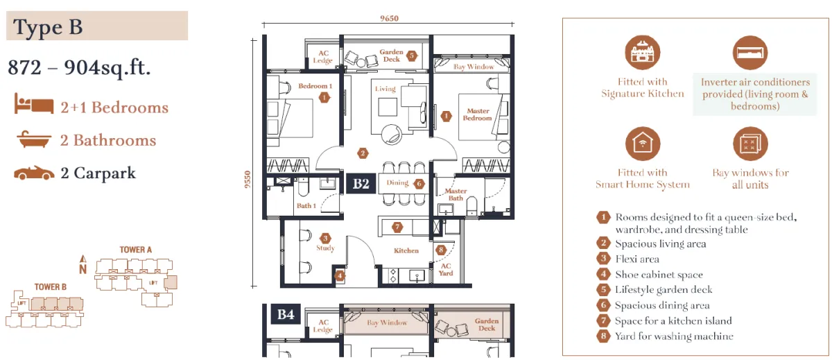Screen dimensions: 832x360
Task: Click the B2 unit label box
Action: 361,184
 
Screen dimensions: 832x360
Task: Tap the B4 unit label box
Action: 285,314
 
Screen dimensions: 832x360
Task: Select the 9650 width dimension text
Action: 389,18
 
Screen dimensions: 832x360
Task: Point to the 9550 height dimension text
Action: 248,180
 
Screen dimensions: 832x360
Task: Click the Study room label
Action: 325,248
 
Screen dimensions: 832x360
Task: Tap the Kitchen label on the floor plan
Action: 406,250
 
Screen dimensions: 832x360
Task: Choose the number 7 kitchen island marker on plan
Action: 397,227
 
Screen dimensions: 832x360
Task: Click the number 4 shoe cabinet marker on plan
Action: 340,275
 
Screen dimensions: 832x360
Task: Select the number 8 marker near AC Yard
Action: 441,250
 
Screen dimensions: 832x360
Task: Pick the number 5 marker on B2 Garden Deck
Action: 412,55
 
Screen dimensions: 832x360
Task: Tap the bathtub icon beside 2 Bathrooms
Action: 34,139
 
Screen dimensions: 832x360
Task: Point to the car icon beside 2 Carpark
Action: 34,173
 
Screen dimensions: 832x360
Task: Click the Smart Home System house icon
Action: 642,144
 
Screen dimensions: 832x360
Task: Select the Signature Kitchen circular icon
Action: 642,53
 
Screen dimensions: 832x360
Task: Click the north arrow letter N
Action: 83,269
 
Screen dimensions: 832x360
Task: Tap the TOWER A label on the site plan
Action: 136,250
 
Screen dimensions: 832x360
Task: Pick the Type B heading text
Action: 48,27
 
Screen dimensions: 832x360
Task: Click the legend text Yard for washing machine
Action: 674,336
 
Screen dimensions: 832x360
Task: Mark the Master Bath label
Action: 456,194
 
